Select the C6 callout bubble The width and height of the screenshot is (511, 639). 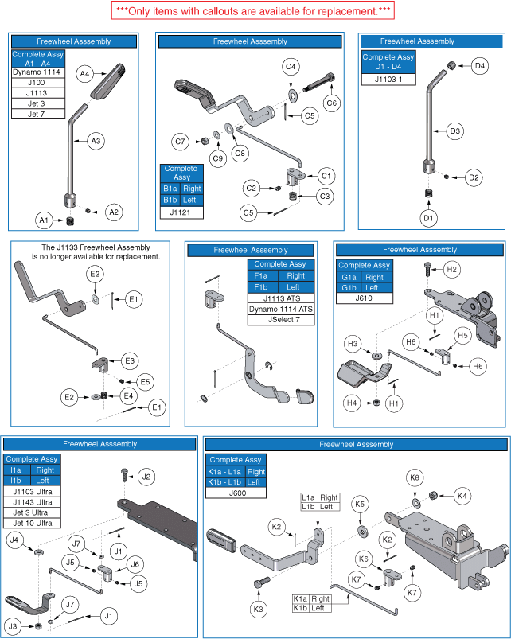pos(331,103)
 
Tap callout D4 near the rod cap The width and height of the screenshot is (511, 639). pos(479,66)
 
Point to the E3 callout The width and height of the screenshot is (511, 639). pos(129,360)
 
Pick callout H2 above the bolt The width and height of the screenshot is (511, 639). pos(452,270)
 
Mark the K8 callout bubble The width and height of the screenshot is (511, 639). pos(414,477)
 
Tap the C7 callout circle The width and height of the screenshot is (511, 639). pos(181,142)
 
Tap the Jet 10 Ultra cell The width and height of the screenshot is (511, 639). pos(33,523)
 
